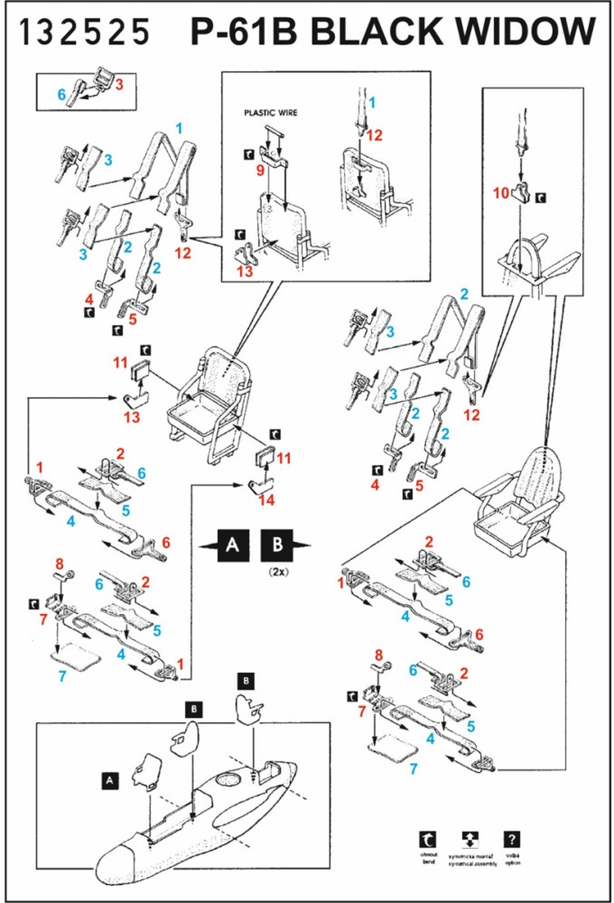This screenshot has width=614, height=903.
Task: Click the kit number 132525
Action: tap(84, 32)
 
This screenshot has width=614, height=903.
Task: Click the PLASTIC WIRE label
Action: tap(270, 113)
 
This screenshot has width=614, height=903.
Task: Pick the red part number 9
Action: tap(260, 170)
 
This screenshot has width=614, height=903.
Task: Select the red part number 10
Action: tap(501, 193)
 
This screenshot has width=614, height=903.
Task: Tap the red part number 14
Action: tap(266, 500)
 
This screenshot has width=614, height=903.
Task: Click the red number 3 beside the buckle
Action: tap(119, 84)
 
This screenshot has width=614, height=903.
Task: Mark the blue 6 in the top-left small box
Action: tap(61, 95)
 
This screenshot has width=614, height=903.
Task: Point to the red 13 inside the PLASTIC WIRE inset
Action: tap(244, 271)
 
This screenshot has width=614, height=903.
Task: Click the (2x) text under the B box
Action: tap(278, 572)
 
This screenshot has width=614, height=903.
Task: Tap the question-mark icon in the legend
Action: tap(512, 839)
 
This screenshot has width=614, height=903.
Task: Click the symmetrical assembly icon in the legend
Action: tap(470, 839)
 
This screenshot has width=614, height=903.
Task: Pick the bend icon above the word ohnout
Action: tap(428, 839)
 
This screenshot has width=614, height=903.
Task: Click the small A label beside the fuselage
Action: tap(110, 780)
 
